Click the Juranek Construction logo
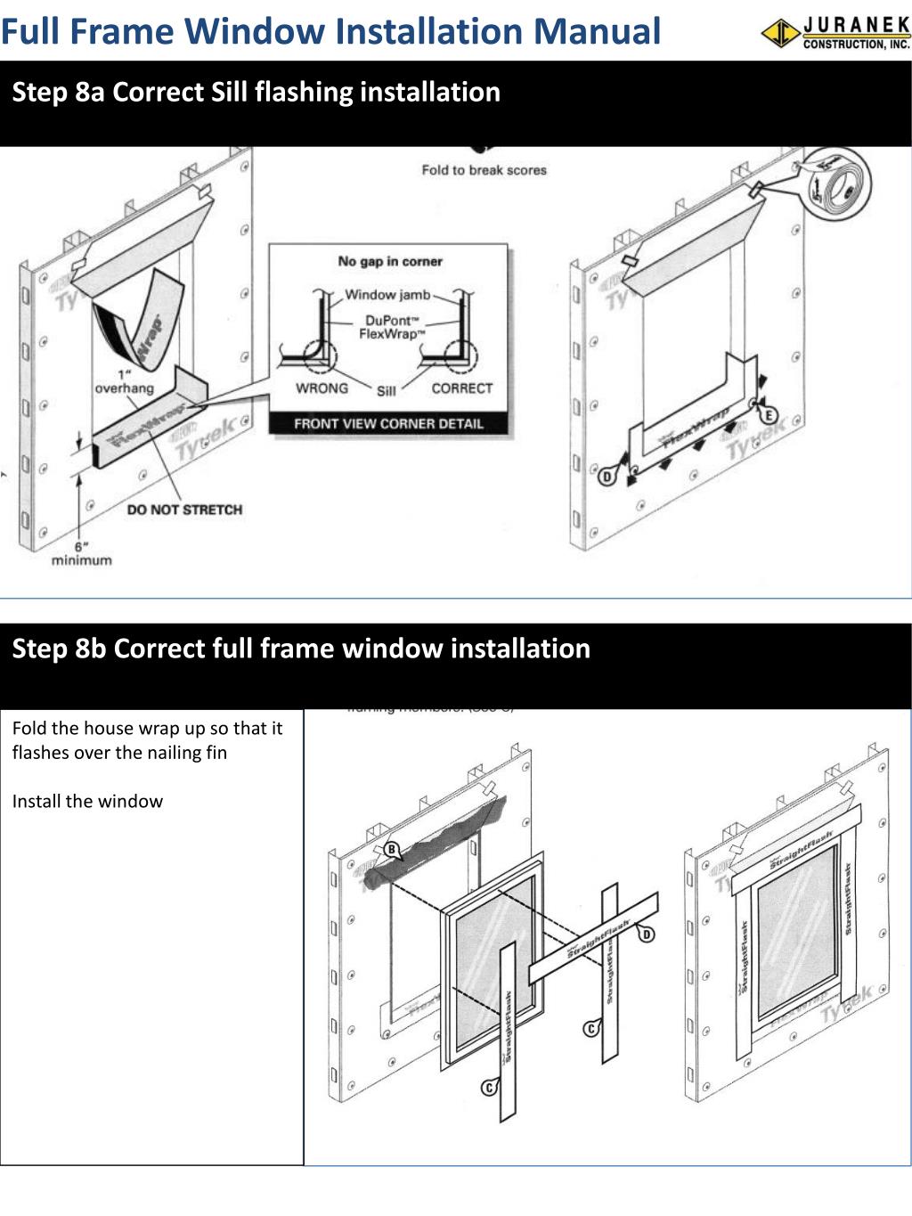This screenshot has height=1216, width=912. click(835, 33)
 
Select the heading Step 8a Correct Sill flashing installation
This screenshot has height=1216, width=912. click(256, 92)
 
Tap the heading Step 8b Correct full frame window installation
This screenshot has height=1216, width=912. click(301, 648)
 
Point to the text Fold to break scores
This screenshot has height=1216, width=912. click(484, 170)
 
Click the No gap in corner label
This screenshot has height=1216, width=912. click(390, 262)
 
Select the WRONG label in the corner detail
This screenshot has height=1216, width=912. click(322, 388)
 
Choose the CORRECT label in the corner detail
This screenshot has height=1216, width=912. click(461, 388)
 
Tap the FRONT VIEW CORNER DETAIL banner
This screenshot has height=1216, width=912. click(388, 424)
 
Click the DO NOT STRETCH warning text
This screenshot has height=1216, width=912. click(184, 510)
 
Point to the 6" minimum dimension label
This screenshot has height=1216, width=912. click(81, 553)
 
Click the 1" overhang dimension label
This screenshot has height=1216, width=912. click(124, 381)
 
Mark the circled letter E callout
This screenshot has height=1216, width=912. click(767, 415)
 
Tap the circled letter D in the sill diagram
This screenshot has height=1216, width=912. click(607, 476)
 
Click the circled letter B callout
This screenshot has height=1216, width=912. click(391, 849)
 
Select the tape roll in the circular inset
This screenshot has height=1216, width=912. click(839, 190)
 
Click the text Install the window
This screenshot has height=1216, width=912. click(87, 801)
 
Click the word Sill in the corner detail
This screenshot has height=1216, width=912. click(386, 391)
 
